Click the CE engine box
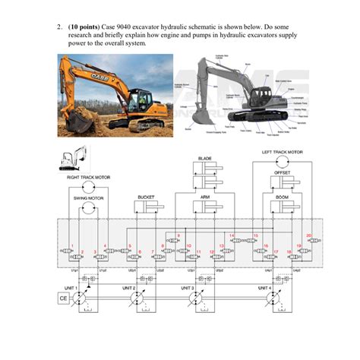click(x=63, y=320)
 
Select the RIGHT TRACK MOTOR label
click(x=89, y=177)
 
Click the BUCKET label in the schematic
click(x=147, y=196)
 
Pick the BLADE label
click(x=205, y=158)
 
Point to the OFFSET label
click(x=282, y=172)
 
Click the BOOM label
click(x=282, y=196)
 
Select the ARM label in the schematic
click(x=205, y=196)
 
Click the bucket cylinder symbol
click(x=147, y=206)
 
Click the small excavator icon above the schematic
click(x=68, y=159)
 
